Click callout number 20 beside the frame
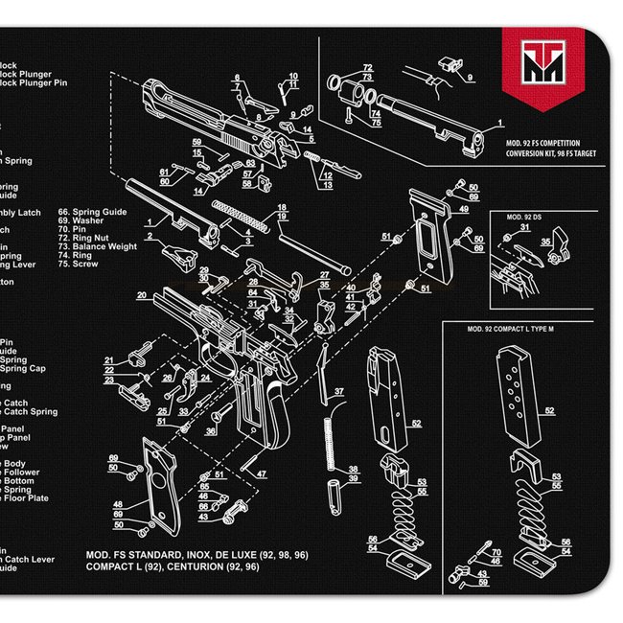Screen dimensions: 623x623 tap(141, 295)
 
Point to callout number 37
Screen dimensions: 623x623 tap(338, 391)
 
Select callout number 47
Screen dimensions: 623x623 tap(261, 473)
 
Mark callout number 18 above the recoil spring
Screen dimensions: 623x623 tap(282, 207)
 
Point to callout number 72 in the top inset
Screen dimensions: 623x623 tap(367, 68)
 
